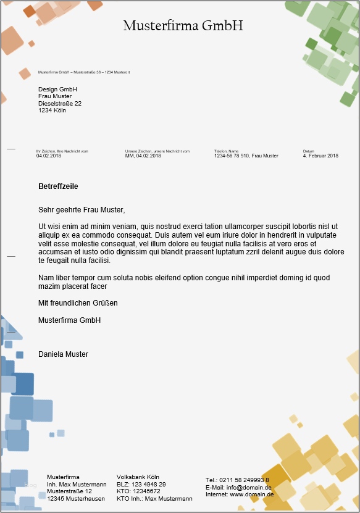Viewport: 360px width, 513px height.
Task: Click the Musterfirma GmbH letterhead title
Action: (183, 26)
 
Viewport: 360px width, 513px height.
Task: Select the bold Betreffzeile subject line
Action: (58, 186)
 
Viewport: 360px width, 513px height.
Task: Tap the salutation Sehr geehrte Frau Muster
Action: (82, 210)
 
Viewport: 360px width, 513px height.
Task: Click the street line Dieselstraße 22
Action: (60, 104)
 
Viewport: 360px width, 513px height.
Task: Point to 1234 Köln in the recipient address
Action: (52, 111)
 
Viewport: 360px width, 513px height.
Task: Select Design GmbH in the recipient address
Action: (57, 90)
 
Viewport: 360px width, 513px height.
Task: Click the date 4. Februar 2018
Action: (320, 156)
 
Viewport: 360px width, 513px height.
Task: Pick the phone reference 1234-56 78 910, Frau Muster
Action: (246, 156)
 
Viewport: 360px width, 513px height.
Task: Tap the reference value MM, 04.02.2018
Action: (143, 156)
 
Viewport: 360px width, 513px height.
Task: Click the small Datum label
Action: (308, 151)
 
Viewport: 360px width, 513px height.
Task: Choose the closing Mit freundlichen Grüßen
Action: (78, 303)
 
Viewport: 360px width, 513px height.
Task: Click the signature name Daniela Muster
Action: (63, 354)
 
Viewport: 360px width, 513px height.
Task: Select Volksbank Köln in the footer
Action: (138, 477)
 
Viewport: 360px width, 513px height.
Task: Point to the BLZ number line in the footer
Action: (141, 485)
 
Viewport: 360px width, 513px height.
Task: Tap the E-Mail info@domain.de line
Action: (238, 487)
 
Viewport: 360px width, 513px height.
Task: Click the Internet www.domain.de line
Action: (240, 494)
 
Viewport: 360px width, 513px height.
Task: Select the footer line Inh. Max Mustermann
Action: (77, 485)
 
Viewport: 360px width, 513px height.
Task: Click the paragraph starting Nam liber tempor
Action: (184, 282)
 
